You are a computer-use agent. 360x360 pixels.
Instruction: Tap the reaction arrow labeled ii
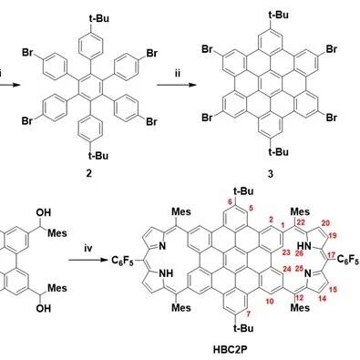pyautogui.click(x=176, y=86)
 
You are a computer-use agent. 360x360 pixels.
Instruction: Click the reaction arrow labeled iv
pyautogui.click(x=88, y=261)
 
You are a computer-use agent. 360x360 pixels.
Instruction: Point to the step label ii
pyautogui.click(x=177, y=74)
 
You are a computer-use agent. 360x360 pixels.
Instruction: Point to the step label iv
pyautogui.click(x=87, y=249)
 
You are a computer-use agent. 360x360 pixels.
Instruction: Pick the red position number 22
pyautogui.click(x=301, y=222)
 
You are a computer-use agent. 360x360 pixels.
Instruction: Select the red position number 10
pyautogui.click(x=270, y=301)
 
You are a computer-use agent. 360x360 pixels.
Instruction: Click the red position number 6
pyautogui.click(x=230, y=201)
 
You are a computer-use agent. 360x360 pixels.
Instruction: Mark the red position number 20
pyautogui.click(x=325, y=223)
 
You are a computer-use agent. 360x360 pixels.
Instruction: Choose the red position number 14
pyautogui.click(x=323, y=299)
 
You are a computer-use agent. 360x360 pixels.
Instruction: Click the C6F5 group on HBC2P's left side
pyautogui.click(x=122, y=261)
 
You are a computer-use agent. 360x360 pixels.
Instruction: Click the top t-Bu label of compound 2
pyautogui.click(x=98, y=18)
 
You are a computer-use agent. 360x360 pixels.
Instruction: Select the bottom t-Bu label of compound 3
pyautogui.click(x=279, y=152)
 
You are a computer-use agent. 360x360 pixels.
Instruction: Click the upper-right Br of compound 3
pyautogui.click(x=332, y=49)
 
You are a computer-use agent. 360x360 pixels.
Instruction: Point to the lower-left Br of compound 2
pyautogui.click(x=27, y=121)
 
